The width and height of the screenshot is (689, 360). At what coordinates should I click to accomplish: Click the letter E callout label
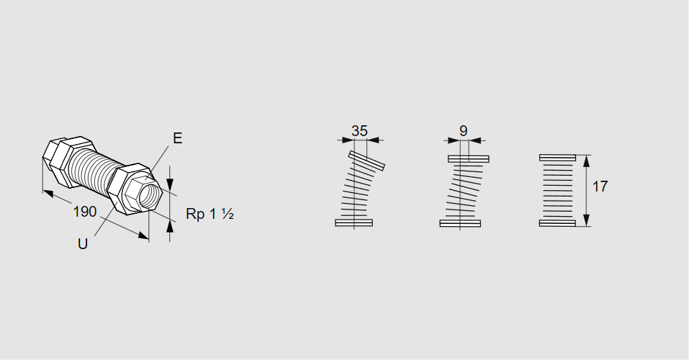[x=178, y=138]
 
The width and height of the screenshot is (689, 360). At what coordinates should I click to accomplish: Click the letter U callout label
[x=83, y=244]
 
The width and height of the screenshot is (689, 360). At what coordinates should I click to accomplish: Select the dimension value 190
[x=84, y=212]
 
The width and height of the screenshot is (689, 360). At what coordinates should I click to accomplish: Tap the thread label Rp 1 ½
[x=210, y=214]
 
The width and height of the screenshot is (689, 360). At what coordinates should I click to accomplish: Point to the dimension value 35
[x=359, y=131]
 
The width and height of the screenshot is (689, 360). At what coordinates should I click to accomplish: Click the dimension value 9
[x=464, y=131]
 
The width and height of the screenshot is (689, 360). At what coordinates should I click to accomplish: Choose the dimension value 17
[x=600, y=186]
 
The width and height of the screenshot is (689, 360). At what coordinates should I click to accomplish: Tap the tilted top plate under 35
[x=366, y=161]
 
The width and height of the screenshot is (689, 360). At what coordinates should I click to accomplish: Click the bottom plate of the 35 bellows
[x=353, y=223]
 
